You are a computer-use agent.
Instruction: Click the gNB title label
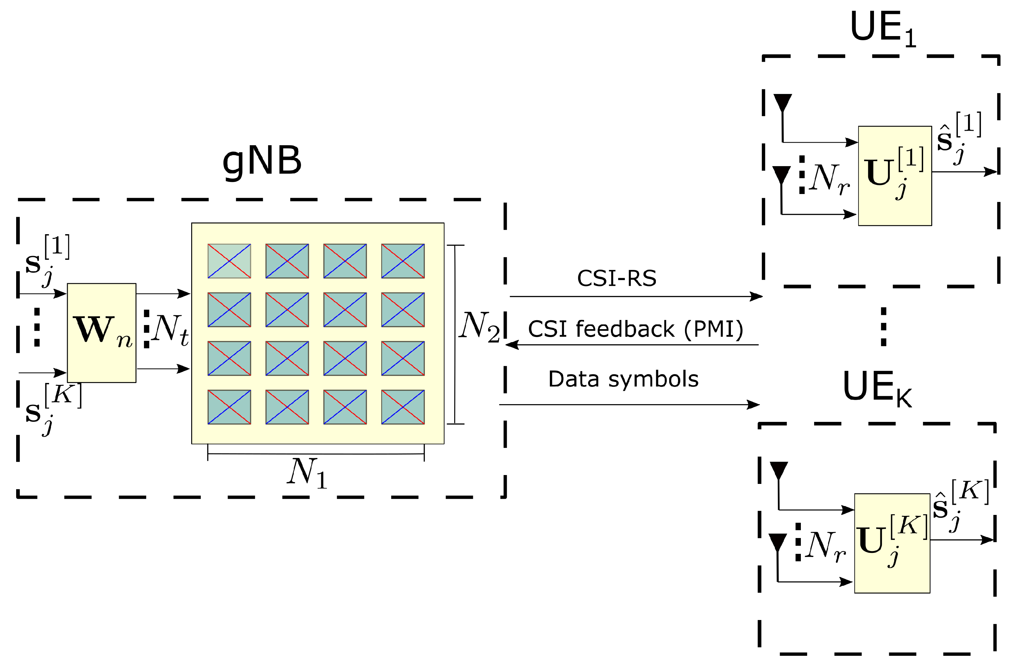[x=262, y=161]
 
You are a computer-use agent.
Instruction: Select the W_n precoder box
[x=102, y=333]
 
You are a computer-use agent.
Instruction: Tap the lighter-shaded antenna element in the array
[x=229, y=261]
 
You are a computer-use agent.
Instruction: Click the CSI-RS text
[x=616, y=278]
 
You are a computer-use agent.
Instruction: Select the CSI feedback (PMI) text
[x=636, y=329]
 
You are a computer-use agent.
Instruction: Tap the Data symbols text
[x=623, y=379]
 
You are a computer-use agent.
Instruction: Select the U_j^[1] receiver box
[x=895, y=176]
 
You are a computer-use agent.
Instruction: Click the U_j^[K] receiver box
[x=892, y=543]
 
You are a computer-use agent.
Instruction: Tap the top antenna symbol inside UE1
[x=783, y=103]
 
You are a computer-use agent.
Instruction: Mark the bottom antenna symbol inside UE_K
[x=778, y=542]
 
